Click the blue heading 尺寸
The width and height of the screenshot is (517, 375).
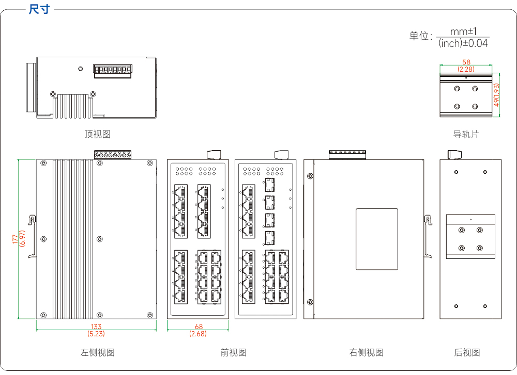coord(39,9)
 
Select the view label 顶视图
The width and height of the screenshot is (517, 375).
coord(97,134)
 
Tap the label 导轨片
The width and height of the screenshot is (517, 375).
coord(466,134)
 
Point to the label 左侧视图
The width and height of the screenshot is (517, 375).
coord(97,353)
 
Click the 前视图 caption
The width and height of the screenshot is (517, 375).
coord(234,353)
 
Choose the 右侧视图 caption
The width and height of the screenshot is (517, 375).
coord(367,353)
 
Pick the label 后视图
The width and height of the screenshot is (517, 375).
coord(467,353)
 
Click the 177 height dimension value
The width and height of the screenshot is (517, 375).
coord(15,239)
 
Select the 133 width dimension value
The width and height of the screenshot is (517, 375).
coord(96,327)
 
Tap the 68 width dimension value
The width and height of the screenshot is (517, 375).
coord(199,327)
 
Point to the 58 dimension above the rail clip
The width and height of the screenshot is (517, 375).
coord(466,62)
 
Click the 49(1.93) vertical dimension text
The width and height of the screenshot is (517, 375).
coord(496,95)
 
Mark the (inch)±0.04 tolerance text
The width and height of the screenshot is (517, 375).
coord(463,43)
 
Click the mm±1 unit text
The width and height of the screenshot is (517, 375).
coord(463,31)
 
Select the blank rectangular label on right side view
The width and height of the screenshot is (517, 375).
coord(377,239)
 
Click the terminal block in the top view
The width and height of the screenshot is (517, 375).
coord(113,71)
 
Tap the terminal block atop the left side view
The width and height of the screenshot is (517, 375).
coord(113,155)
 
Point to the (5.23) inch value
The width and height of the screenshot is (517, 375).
coord(96,334)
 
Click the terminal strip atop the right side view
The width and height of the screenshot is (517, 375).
coord(347,155)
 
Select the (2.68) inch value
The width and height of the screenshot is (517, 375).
coord(198,334)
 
